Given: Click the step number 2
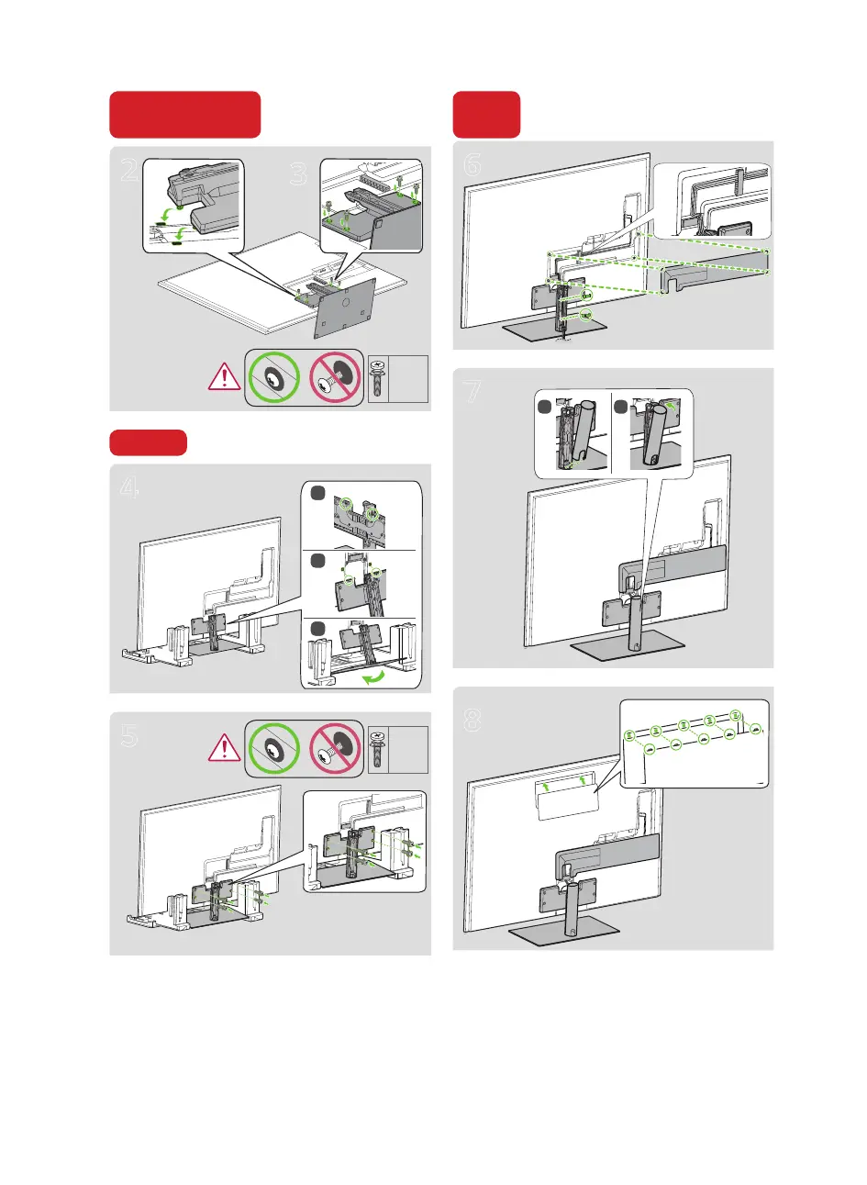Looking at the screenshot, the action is [130, 170].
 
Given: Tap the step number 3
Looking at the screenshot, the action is [299, 173].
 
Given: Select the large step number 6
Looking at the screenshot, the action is [472, 164].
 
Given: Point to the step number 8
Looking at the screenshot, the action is [472, 720].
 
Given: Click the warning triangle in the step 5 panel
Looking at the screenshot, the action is [225, 748].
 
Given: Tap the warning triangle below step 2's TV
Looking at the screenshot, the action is [225, 376].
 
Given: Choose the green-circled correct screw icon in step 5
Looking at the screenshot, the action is [273, 749].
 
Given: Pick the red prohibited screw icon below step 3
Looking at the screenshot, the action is [335, 378].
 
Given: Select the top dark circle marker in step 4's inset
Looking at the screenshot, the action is [317, 493].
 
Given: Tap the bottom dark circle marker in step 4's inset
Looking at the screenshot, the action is [317, 629].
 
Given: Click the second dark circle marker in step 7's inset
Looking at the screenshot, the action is [620, 407].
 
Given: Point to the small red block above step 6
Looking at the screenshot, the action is [486, 114].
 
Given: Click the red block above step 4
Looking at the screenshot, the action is [148, 442].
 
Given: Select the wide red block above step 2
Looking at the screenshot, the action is [185, 114].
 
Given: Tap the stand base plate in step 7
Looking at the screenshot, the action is [628, 645].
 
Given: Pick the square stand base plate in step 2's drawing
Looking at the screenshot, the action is [345, 308].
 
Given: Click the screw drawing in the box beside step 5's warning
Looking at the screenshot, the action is [377, 750].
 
